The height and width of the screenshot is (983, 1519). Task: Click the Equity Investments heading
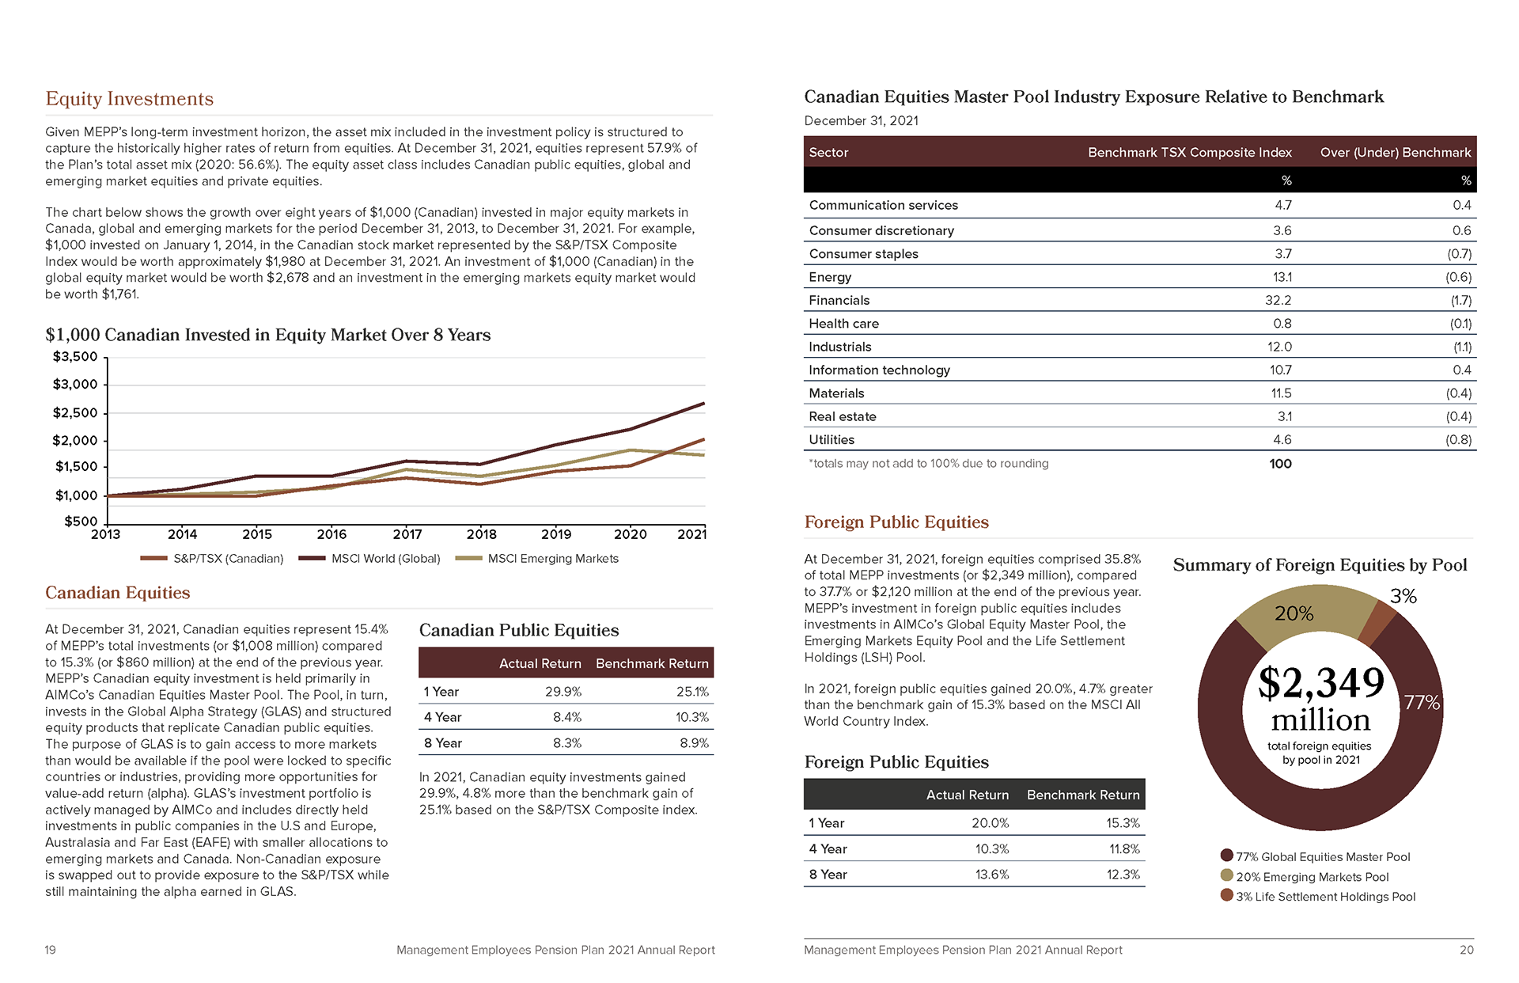(130, 99)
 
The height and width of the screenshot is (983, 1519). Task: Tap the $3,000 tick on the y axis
(75, 385)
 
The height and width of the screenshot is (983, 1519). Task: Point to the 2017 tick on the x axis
(407, 534)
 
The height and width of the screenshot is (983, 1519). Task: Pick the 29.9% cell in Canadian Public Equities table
(563, 692)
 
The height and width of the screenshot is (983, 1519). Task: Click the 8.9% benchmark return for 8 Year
(694, 743)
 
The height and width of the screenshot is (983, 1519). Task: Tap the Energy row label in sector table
(830, 277)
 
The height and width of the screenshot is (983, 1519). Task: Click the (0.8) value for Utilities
(1458, 440)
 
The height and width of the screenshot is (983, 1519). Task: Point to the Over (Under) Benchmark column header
(1395, 153)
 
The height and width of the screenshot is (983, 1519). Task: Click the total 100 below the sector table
(1280, 464)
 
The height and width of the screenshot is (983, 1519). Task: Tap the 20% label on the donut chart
(1294, 613)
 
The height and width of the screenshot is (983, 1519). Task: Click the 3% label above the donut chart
(1403, 596)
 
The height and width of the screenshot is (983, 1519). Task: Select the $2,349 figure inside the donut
(1320, 682)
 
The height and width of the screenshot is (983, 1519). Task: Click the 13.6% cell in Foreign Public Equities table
(991, 875)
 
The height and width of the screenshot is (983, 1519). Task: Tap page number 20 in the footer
(1466, 950)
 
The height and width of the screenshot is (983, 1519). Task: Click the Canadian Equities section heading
(118, 593)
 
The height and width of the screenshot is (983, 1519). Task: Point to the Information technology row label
(879, 370)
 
